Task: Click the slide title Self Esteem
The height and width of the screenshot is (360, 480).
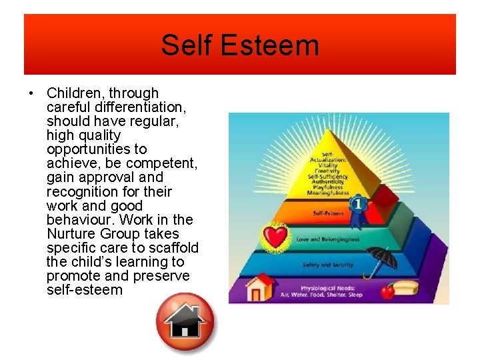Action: coord(239,45)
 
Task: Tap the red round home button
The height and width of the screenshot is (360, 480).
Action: coord(185,321)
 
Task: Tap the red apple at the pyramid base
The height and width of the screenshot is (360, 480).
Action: coord(386,291)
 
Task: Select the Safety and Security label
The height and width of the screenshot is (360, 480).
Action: coord(327,265)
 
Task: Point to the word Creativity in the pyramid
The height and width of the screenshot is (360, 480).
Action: coord(327,169)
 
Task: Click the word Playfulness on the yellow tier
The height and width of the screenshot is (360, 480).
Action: coord(327,187)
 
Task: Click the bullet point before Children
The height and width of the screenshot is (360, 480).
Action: coord(33,93)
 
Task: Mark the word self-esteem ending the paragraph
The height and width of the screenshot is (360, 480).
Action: coord(85,290)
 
